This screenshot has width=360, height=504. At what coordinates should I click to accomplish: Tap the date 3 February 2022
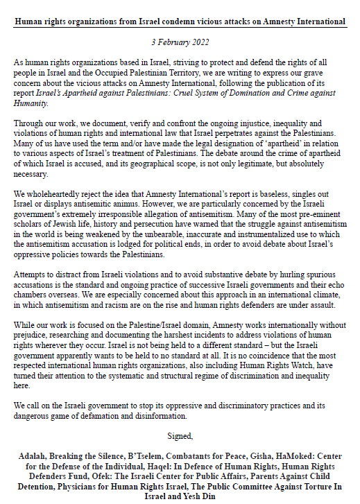point(180,42)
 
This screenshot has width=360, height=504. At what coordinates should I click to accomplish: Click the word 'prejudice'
point(33,336)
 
